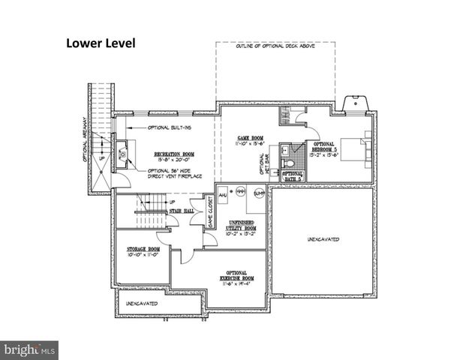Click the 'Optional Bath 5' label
tap(293, 177)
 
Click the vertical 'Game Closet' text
tap(211, 212)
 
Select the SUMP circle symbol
tap(259, 192)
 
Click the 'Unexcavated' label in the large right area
tap(323, 239)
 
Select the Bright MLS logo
tap(30, 349)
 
